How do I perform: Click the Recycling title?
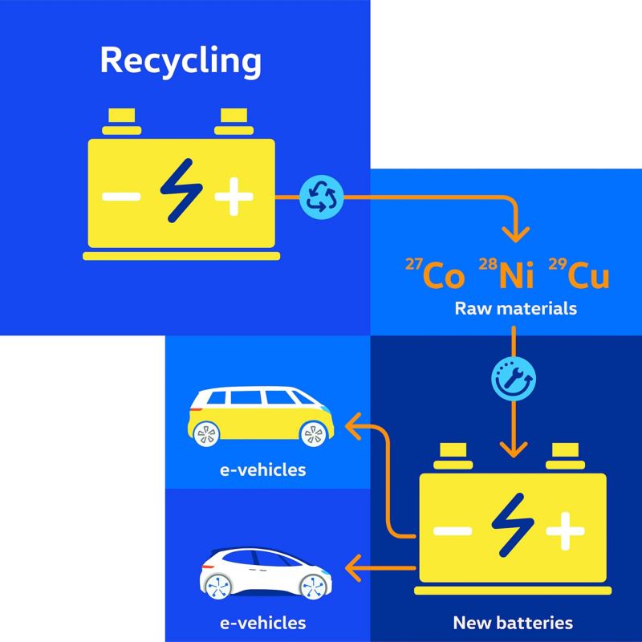click(181, 62)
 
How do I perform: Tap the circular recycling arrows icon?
click(322, 197)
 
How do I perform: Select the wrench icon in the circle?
click(514, 379)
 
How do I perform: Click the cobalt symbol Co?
click(435, 274)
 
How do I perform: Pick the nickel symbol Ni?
click(506, 273)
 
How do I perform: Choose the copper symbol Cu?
click(579, 274)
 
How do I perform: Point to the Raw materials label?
click(515, 309)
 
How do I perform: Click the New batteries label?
click(513, 624)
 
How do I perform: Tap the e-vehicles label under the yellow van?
click(263, 470)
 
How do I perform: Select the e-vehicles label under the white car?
click(263, 624)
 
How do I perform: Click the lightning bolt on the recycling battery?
click(181, 191)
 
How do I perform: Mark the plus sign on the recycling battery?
click(234, 197)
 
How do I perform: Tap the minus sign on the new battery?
click(453, 531)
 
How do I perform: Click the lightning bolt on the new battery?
click(513, 525)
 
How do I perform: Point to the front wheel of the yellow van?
click(313, 434)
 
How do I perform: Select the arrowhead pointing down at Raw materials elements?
click(515, 234)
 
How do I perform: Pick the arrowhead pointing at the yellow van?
click(353, 426)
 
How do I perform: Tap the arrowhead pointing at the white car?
click(353, 568)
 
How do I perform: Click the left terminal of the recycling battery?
click(122, 122)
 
